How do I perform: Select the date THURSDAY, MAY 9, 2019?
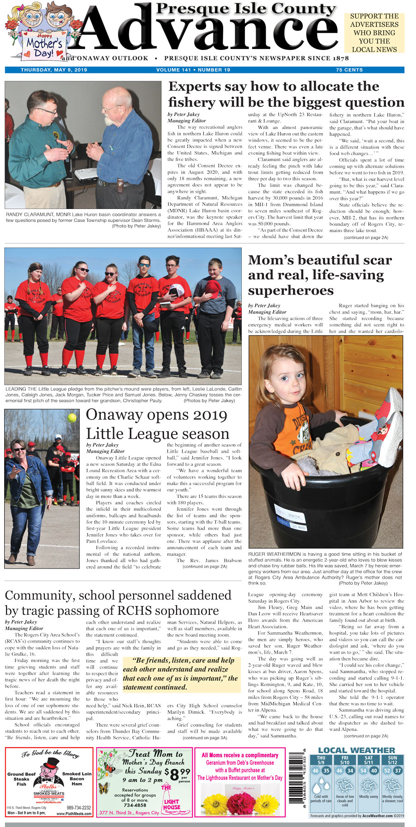coord(54,70)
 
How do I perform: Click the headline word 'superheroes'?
coord(291,290)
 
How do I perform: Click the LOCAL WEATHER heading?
coord(356,750)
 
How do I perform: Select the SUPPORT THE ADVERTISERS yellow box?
coord(374,33)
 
